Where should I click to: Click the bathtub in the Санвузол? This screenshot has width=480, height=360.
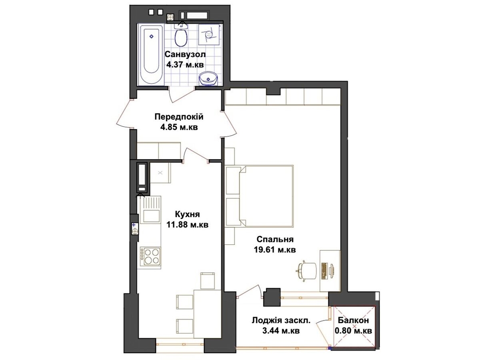point(152,55)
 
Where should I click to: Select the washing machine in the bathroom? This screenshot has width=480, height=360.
point(209,34)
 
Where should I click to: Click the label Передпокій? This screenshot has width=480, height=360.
point(179,117)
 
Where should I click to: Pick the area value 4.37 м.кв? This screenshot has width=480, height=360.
point(185,65)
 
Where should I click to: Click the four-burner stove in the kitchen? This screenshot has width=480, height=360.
point(150,258)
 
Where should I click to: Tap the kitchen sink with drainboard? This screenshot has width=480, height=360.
point(151,209)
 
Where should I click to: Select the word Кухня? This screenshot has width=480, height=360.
point(187,214)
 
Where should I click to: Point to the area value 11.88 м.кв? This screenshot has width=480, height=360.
point(187,224)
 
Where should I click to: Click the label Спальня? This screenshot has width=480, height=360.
point(275,239)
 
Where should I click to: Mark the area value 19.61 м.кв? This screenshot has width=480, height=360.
point(275,250)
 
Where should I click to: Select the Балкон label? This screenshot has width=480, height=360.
point(353,320)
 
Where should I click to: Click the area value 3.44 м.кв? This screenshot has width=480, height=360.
point(281,331)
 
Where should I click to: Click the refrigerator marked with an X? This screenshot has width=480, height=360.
point(160,173)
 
